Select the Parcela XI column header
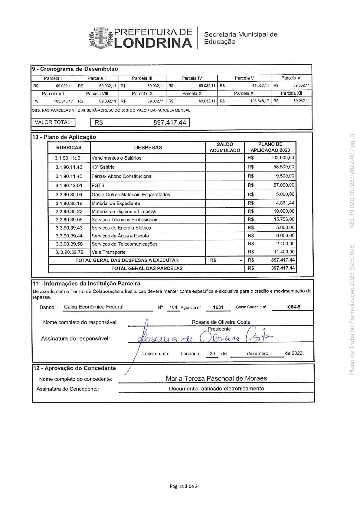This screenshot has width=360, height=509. pos(244,93)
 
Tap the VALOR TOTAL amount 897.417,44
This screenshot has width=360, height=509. pos(170,122)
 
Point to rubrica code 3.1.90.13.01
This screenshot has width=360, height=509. pos(69,185)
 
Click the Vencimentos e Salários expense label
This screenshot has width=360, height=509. pos(116,158)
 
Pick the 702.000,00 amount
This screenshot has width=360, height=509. pos(282,158)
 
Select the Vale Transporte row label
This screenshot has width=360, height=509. pos(108,252)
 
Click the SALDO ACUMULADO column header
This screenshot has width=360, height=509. pos(225,148)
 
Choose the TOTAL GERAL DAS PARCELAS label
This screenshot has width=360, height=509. pos(147,268)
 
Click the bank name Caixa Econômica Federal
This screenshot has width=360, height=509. pos(94,307)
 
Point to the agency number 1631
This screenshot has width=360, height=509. pos(218,307)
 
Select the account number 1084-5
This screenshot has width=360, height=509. pos(293,307)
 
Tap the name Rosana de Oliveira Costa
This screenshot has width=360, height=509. pos(221,322)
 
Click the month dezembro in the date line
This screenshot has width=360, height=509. pos(257,353)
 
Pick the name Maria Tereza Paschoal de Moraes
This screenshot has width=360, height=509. pos(216,378)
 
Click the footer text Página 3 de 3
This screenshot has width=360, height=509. pos(184,486)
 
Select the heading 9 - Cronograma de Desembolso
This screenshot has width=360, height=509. pos(75,69)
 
